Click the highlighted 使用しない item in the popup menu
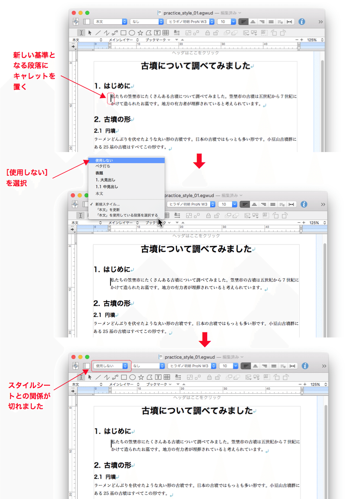(x=126, y=160)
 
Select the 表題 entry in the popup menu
(x=99, y=173)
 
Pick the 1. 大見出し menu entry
(x=106, y=180)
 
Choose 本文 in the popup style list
(x=99, y=194)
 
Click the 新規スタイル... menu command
(x=107, y=204)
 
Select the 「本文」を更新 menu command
(x=108, y=210)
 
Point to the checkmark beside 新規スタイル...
(x=92, y=204)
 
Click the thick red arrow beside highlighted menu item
(x=199, y=160)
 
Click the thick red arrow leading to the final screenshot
(x=206, y=339)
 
